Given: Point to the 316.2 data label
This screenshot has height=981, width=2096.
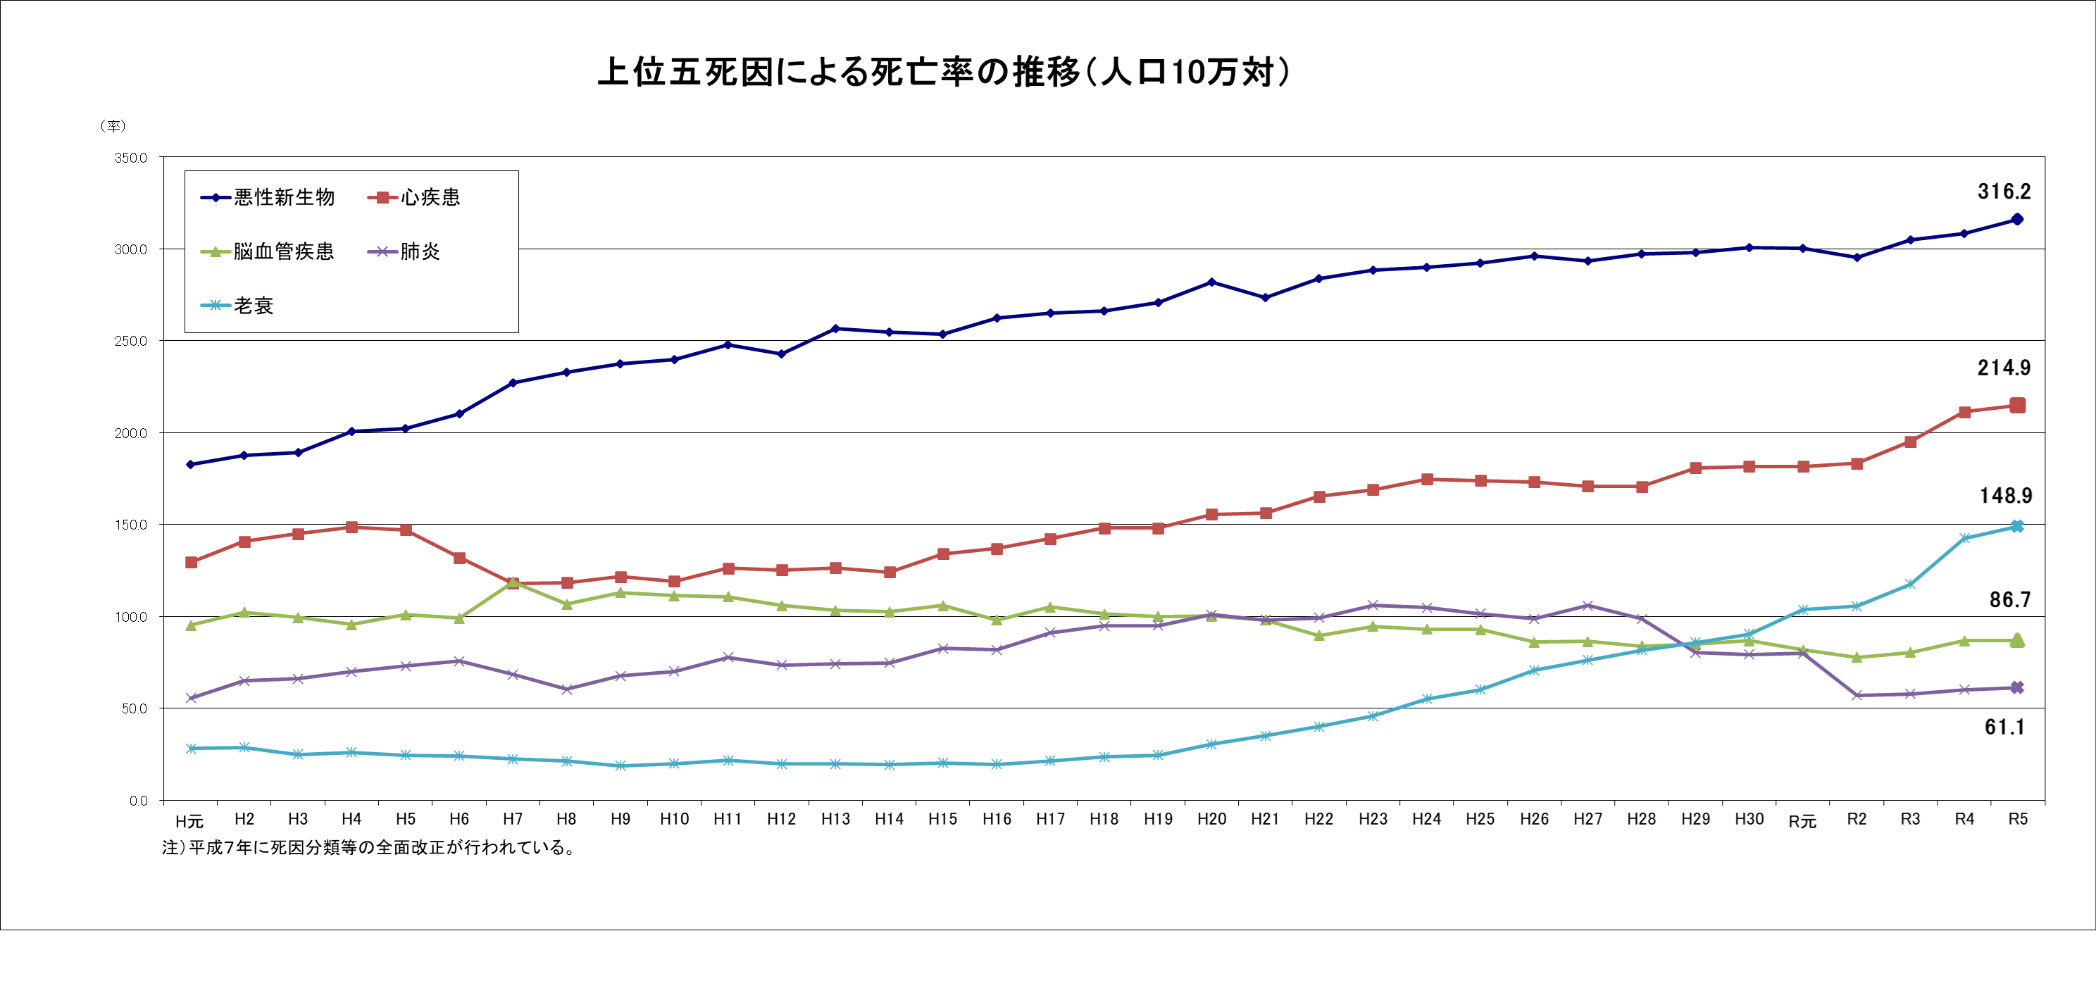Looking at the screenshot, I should (x=2004, y=192).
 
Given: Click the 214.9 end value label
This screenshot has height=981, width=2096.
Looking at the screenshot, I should (x=2004, y=368).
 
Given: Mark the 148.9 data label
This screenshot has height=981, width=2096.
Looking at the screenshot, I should (x=2005, y=496).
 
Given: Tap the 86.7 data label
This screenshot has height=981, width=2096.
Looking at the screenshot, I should (x=2010, y=600).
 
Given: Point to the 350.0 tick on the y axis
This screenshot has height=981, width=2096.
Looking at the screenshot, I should (x=130, y=158).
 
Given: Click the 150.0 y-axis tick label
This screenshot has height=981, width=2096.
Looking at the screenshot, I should (x=130, y=525).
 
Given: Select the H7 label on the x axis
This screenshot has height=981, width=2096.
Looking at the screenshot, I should (x=513, y=819).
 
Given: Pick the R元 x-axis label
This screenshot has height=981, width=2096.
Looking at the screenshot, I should (x=1802, y=820).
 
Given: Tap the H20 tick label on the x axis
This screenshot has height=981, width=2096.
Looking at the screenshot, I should (x=1211, y=819).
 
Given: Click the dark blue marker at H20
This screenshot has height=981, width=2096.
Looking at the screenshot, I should (x=1211, y=282).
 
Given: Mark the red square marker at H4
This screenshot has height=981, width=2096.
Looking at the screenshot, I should (x=351, y=527).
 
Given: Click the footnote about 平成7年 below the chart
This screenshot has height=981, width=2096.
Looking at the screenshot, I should (x=370, y=848).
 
